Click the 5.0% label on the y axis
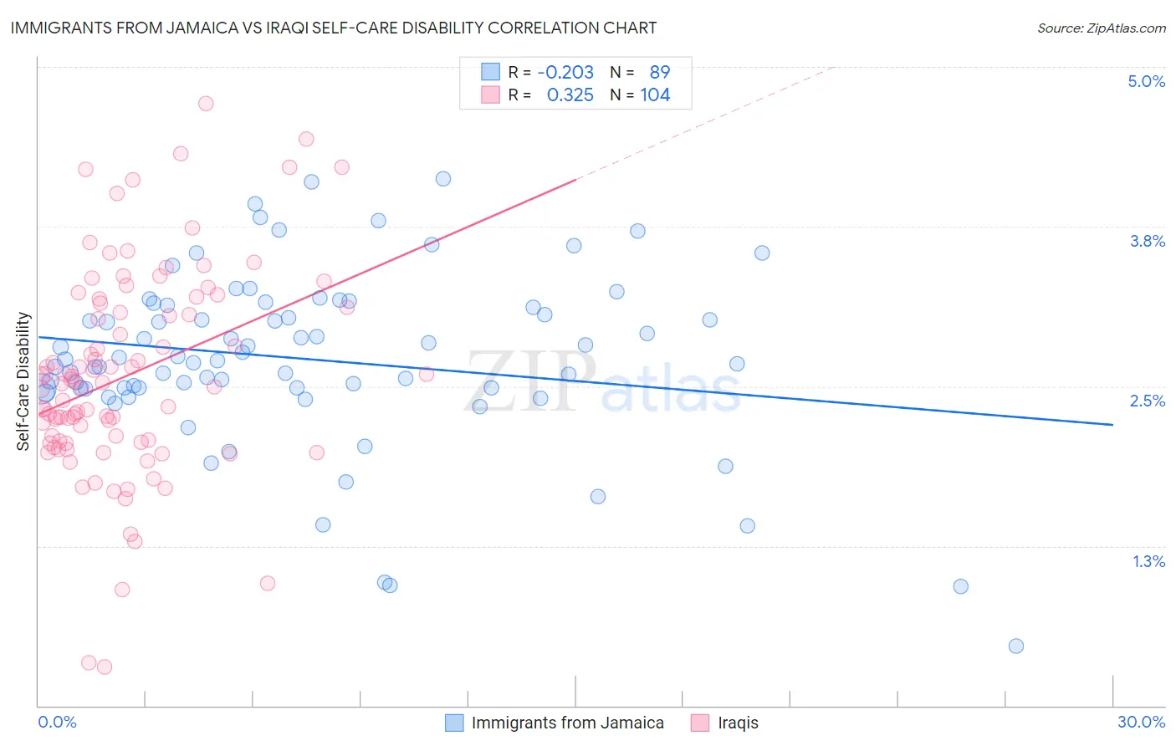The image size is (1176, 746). click(x=1146, y=81)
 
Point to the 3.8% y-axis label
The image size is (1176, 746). click(x=1147, y=241)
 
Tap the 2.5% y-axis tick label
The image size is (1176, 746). click(x=1147, y=401)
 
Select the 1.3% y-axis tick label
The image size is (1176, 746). click(x=1148, y=561)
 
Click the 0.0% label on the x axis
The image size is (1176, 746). click(x=57, y=722)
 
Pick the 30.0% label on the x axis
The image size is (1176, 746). click(x=1141, y=722)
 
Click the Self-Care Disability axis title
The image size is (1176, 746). click(x=23, y=381)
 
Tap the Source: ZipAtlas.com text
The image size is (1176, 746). click(x=1101, y=28)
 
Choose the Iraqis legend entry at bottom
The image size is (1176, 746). click(x=738, y=723)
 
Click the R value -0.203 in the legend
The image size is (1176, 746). click(x=565, y=72)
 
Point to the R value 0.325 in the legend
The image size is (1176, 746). click(x=570, y=95)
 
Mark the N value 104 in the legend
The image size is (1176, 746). click(x=655, y=95)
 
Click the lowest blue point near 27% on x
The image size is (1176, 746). click(x=1016, y=646)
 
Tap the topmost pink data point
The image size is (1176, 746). click(x=206, y=104)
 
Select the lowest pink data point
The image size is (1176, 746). click(x=105, y=667)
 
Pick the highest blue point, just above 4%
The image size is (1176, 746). click(x=443, y=179)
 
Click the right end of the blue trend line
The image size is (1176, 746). click(x=1112, y=425)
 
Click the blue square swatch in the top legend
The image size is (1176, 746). click(x=490, y=72)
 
